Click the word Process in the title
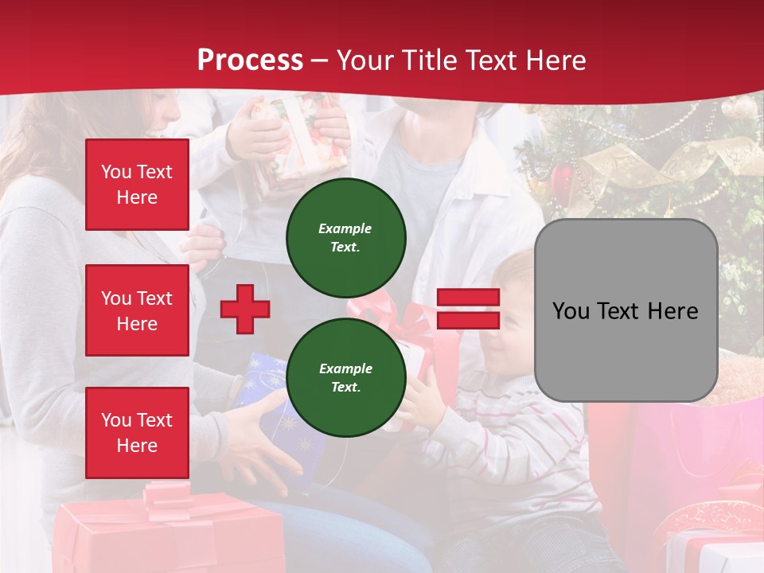pos(250,60)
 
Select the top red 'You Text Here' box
pos(137,185)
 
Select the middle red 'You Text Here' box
pos(137,310)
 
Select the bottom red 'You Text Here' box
pos(137,432)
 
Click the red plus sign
pos(244,309)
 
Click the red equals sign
pos(468,309)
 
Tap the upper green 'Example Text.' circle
pos(345,237)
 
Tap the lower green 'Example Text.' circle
pos(345,377)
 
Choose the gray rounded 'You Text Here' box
pos(626,310)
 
